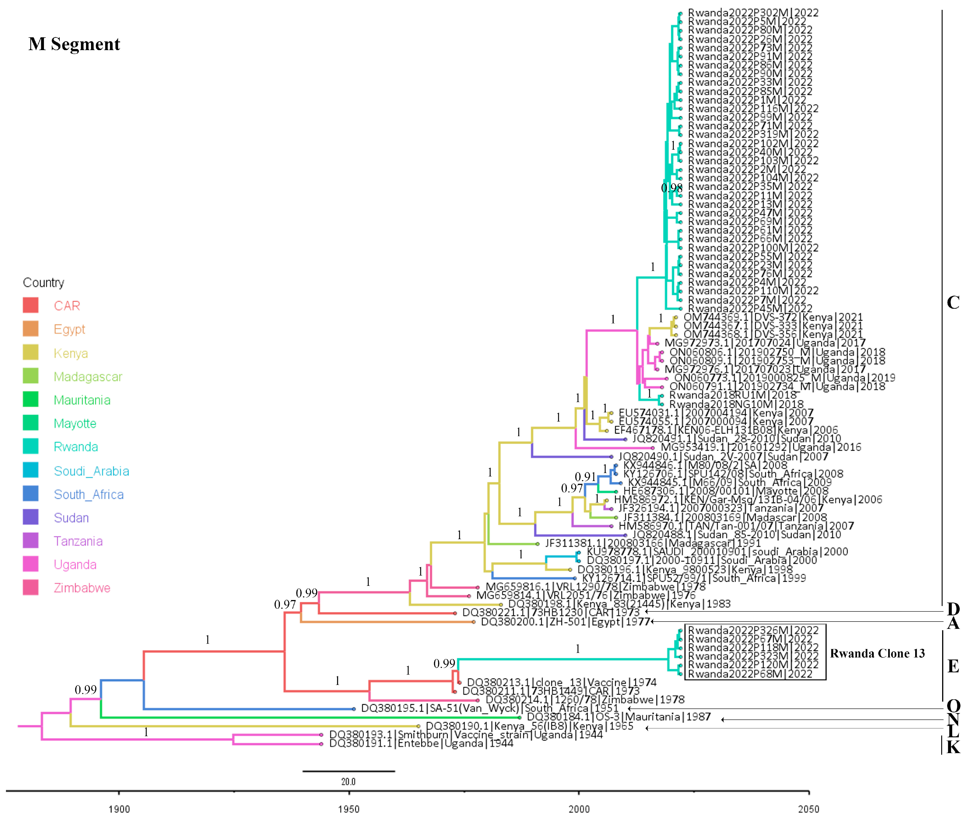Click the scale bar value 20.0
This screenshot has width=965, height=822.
point(348,781)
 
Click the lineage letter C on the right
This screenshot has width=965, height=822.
point(953,303)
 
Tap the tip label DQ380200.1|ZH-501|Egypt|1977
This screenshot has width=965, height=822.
point(565,622)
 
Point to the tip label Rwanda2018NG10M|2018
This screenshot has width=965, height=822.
point(736,404)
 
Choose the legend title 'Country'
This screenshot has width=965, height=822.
point(43,283)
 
